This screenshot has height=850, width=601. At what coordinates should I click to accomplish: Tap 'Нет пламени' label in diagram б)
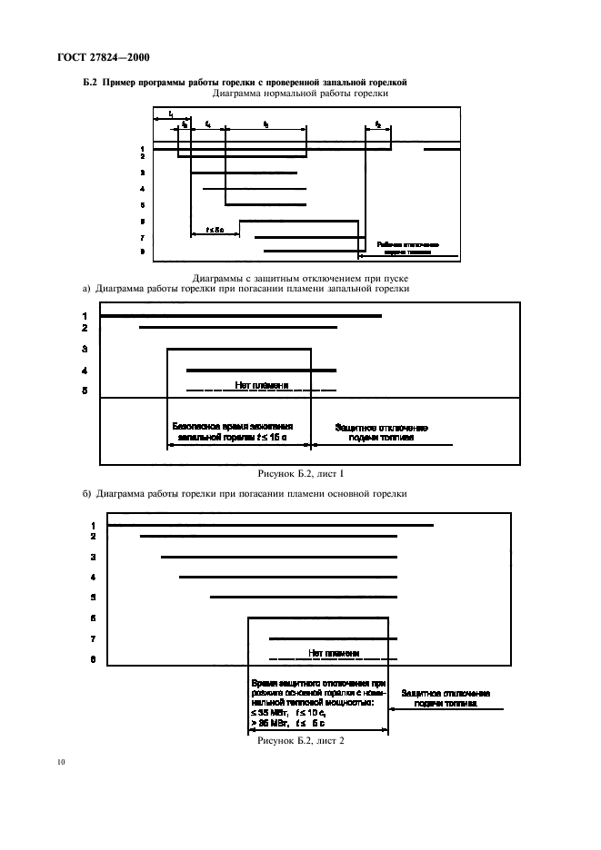(x=334, y=653)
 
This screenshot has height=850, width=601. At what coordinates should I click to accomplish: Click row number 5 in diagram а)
(x=84, y=390)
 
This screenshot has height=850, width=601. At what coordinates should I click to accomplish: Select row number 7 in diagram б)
(x=94, y=639)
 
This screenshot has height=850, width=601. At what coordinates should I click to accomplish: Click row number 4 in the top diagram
(x=142, y=189)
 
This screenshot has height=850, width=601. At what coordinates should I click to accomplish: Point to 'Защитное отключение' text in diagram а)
(x=381, y=426)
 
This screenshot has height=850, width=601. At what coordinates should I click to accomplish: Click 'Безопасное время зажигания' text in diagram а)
(x=240, y=426)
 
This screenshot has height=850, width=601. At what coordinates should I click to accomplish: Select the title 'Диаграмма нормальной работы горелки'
(x=299, y=94)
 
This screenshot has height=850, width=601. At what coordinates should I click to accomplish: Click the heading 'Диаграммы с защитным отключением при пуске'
(x=300, y=277)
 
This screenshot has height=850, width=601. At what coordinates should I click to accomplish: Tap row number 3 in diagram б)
(x=94, y=557)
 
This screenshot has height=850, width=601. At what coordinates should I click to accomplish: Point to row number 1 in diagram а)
(x=84, y=316)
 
